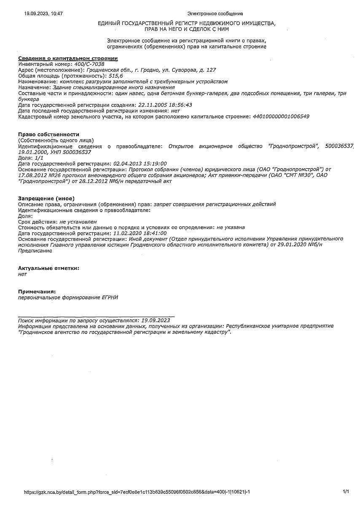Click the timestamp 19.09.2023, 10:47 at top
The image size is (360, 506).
(43, 13)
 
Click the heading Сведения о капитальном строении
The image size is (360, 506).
(68, 58)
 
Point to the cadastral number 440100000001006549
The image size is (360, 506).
(280, 116)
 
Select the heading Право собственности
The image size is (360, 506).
(48, 134)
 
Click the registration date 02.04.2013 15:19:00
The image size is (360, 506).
(140, 163)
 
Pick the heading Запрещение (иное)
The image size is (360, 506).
(46, 198)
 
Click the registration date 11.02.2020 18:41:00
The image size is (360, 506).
(140, 233)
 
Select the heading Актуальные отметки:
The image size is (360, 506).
(48, 268)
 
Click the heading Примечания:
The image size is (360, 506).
(37, 291)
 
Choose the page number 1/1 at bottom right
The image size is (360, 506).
(346, 492)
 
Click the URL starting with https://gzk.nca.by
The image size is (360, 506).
(134, 492)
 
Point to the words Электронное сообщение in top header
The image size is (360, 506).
(215, 13)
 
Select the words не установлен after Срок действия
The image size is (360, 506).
(78, 221)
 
